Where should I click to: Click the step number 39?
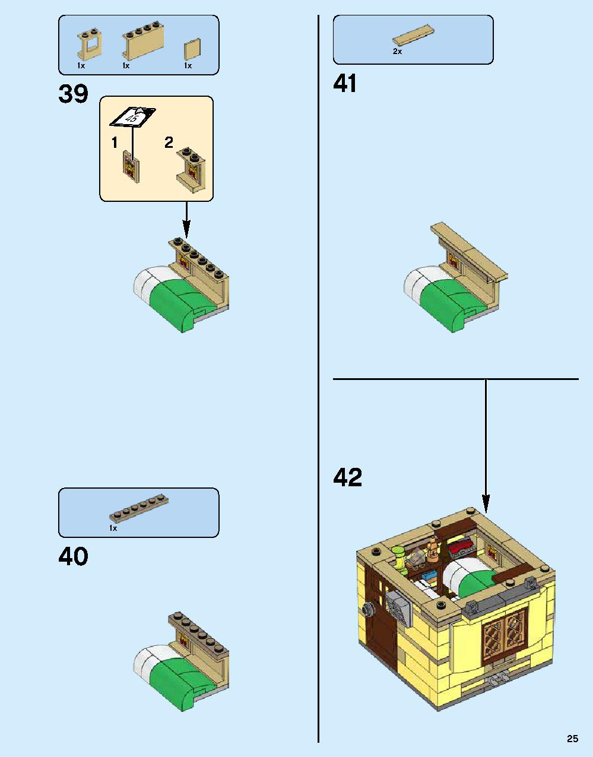[x=73, y=94]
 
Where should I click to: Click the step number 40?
[x=73, y=557]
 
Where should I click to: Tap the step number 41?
[x=345, y=84]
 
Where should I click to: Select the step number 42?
[x=347, y=477]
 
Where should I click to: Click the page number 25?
[x=572, y=739]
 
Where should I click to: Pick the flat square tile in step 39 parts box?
[x=192, y=49]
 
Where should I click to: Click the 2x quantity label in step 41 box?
[x=397, y=52]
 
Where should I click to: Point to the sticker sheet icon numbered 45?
[x=132, y=116]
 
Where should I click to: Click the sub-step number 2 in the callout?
[x=169, y=142]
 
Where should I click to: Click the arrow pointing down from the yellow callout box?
[x=186, y=221]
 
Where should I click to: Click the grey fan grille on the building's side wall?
[x=398, y=607]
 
